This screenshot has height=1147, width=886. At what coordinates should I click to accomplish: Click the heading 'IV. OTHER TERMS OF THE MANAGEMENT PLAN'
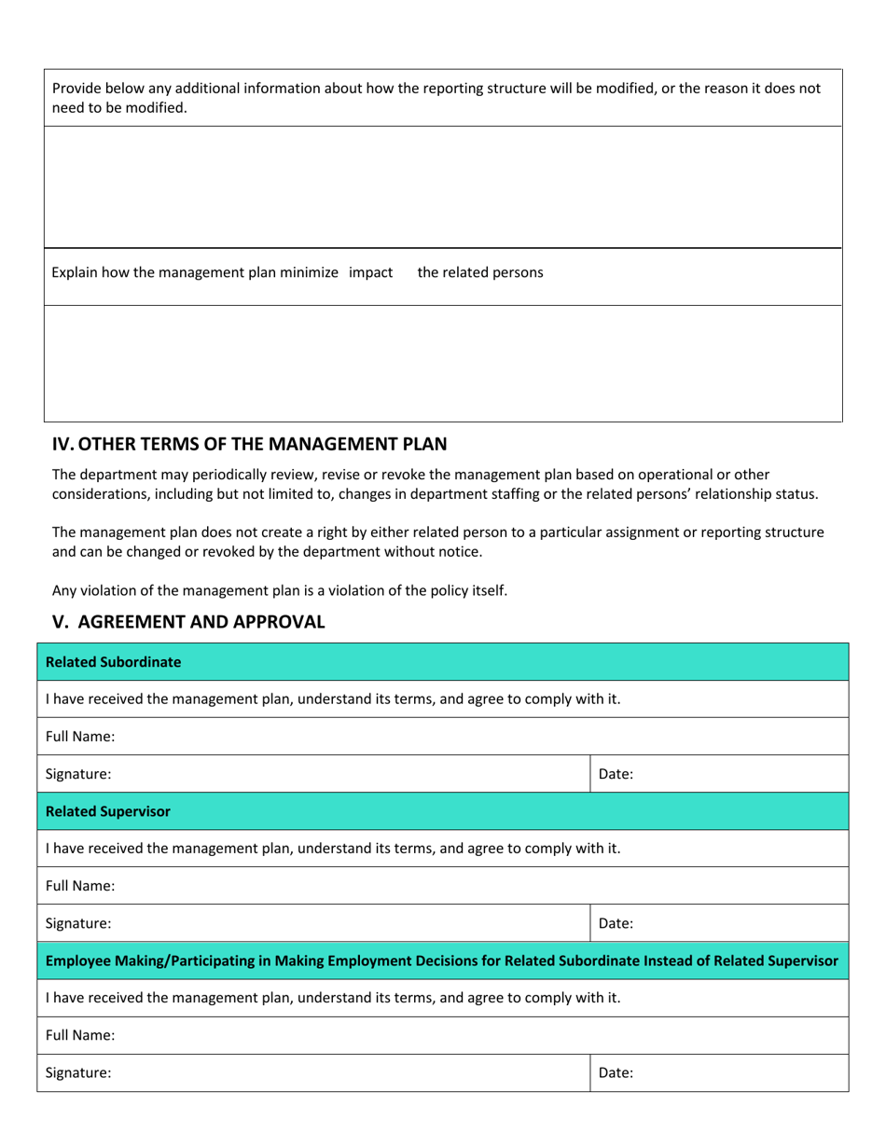[249, 444]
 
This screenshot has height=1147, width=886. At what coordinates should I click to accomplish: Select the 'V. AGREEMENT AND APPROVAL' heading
[188, 622]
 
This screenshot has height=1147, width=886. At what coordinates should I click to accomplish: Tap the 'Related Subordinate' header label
[113, 662]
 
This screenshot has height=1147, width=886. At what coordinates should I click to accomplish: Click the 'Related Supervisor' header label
[108, 811]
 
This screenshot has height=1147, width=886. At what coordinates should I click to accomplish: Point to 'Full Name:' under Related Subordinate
[80, 737]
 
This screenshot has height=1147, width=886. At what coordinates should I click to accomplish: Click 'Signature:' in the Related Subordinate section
[78, 774]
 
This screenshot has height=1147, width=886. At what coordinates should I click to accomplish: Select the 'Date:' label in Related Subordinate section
[616, 774]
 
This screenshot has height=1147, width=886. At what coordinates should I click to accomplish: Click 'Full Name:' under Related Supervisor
[80, 886]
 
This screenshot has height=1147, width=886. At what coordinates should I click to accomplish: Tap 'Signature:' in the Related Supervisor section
[78, 923]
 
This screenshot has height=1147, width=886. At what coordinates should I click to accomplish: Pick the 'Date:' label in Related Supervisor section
[616, 923]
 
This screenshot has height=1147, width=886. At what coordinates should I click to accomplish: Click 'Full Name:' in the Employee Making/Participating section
[80, 1035]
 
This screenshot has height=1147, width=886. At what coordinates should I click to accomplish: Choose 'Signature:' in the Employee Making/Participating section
[78, 1072]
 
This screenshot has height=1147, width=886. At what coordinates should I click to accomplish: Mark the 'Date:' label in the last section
[616, 1072]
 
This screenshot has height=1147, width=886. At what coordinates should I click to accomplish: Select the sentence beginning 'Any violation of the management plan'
[280, 590]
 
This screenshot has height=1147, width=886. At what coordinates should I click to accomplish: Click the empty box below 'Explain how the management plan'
[443, 364]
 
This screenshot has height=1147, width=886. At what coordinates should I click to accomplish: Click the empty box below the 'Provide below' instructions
[443, 187]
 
